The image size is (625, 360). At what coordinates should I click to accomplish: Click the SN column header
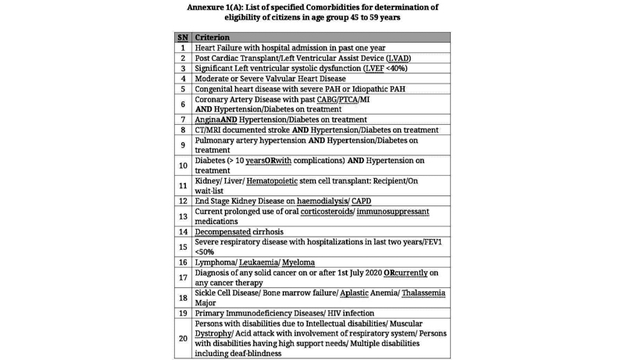pos(183,37)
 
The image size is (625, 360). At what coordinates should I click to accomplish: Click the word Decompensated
pos(227,232)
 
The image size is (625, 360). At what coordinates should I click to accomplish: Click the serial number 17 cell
pos(183,277)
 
